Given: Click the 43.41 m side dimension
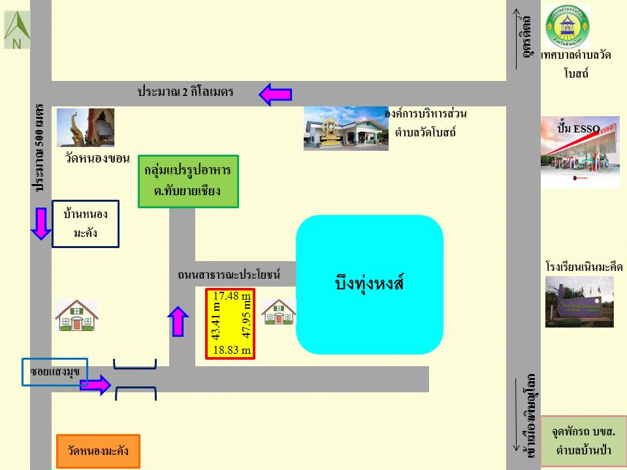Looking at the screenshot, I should pos(217,321).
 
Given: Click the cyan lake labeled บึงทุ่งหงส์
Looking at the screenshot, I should pos(370,285).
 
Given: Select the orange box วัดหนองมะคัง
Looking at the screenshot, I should pos(98,451).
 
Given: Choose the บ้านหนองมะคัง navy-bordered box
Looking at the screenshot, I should pos(86,223).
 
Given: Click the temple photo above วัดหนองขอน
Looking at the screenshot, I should pos(86,128).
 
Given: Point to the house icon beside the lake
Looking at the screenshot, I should pos(279,312).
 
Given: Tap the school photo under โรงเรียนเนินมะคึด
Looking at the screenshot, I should pos(579,302).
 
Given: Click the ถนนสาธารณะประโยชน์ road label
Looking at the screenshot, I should pos(229,275).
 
